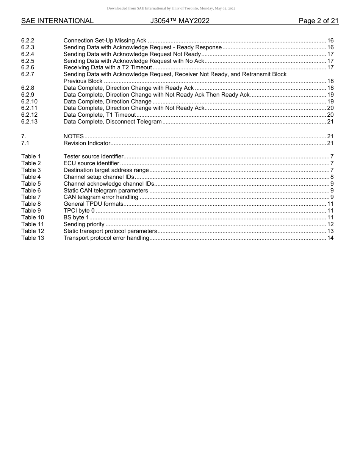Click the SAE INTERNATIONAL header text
tap(57, 21)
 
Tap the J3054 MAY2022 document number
tap(180, 21)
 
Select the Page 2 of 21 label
tap(318, 21)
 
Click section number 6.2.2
tap(28, 41)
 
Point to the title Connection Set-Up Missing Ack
tap(105, 41)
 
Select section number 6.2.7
tap(28, 74)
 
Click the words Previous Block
tap(83, 81)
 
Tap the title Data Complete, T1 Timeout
tap(100, 115)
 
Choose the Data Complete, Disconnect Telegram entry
tap(113, 122)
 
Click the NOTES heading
tap(74, 136)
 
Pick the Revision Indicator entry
tap(87, 143)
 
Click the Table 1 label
tap(31, 156)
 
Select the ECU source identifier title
tap(91, 163)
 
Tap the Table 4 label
tap(31, 177)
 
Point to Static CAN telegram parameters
tap(106, 191)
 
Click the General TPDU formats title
tap(93, 204)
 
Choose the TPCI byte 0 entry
tap(79, 211)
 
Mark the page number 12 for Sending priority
tap(330, 224)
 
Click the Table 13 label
tap(33, 238)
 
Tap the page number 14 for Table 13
tap(330, 238)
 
